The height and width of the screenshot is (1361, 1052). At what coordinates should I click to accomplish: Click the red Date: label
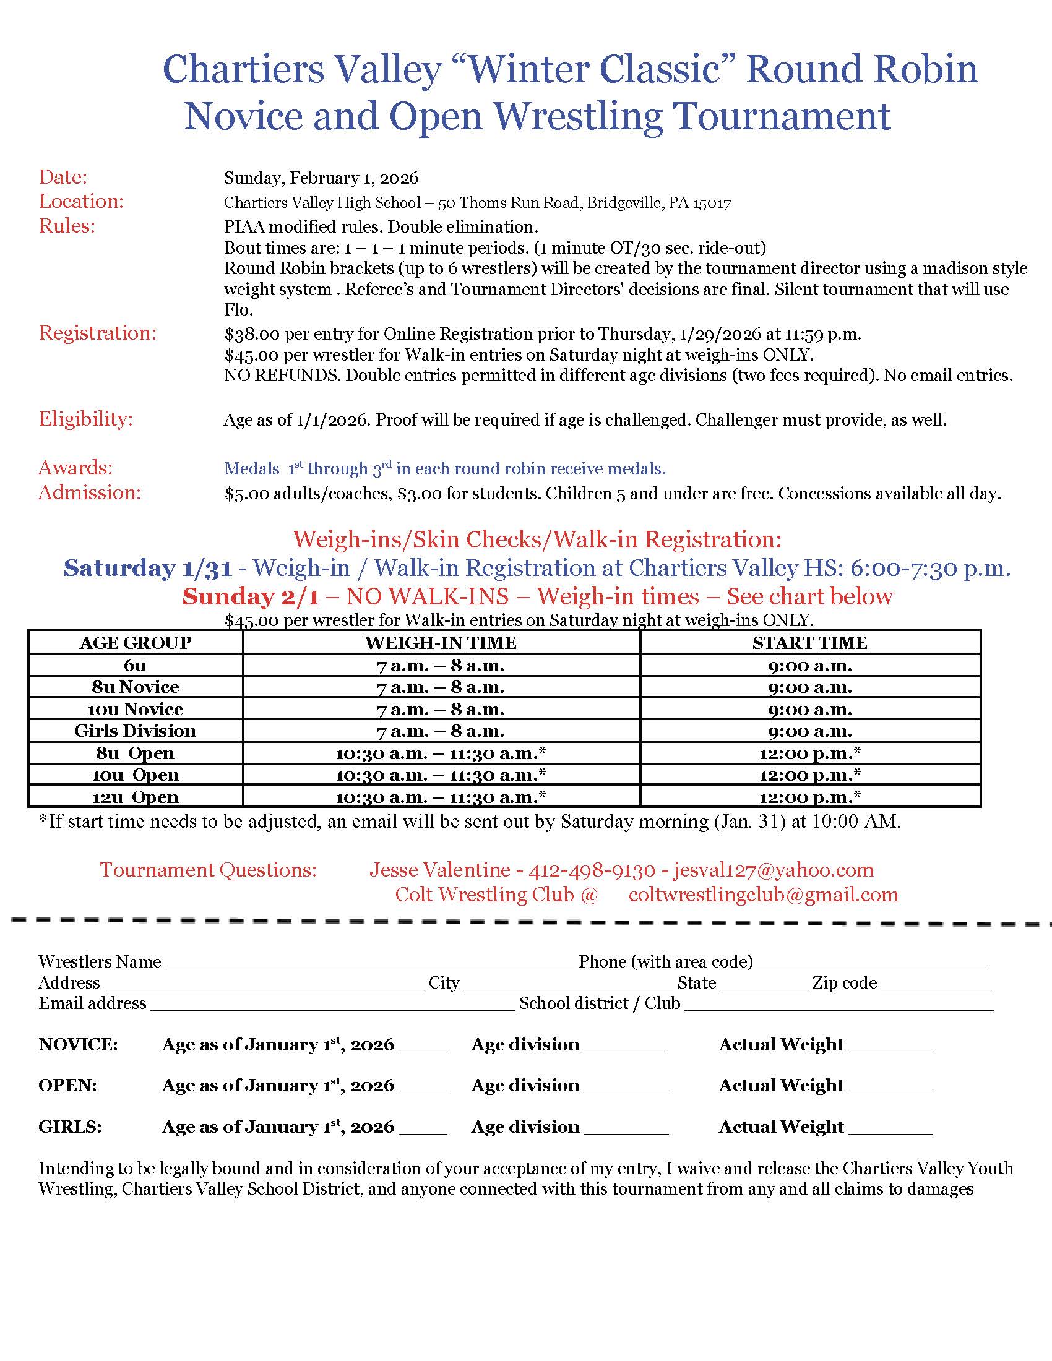(x=63, y=178)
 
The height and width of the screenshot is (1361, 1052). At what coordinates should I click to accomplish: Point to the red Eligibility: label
(x=86, y=419)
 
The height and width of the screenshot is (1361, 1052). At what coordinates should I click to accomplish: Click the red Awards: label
(x=75, y=468)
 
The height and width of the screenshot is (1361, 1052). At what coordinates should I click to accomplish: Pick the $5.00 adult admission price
(x=247, y=494)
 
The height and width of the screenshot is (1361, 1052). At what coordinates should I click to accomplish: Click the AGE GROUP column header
(x=136, y=643)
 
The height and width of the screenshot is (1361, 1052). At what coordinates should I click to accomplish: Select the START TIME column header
(x=809, y=643)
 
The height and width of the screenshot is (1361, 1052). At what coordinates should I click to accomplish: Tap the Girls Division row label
(x=136, y=731)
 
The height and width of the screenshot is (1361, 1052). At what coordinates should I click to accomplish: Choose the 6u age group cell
(x=136, y=666)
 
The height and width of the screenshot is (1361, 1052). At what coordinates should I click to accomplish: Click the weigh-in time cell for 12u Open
(x=441, y=797)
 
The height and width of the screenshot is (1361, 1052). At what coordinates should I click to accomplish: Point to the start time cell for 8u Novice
(x=809, y=687)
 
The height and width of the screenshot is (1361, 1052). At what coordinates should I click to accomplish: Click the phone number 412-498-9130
(x=592, y=870)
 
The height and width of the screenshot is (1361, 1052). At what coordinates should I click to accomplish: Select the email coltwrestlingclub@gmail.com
(x=764, y=895)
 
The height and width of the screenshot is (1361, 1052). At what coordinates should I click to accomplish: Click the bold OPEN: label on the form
(x=67, y=1086)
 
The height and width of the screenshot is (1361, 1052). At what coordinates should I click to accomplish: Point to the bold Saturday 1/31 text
(x=148, y=569)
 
